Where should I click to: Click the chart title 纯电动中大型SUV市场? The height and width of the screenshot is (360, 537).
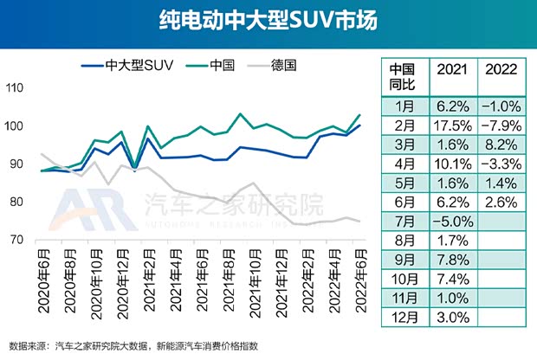pos(268,21)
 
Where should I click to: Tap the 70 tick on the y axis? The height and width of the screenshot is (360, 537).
pos(16,240)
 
